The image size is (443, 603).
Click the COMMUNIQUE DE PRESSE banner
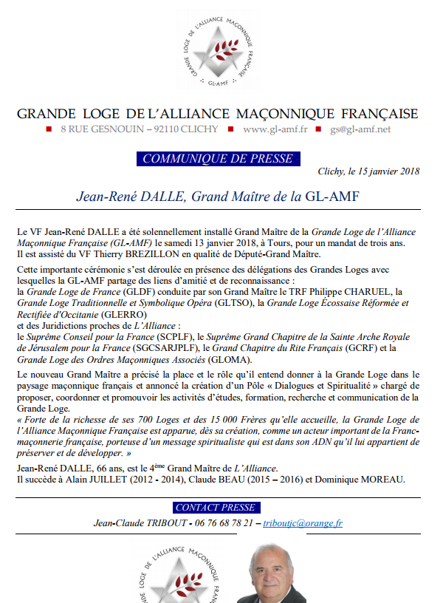click(x=217, y=159)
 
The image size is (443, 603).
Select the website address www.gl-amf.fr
click(x=274, y=129)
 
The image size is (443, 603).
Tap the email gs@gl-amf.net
click(x=360, y=129)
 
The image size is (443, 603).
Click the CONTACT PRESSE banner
click(x=216, y=508)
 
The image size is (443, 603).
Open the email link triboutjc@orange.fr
click(x=303, y=523)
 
